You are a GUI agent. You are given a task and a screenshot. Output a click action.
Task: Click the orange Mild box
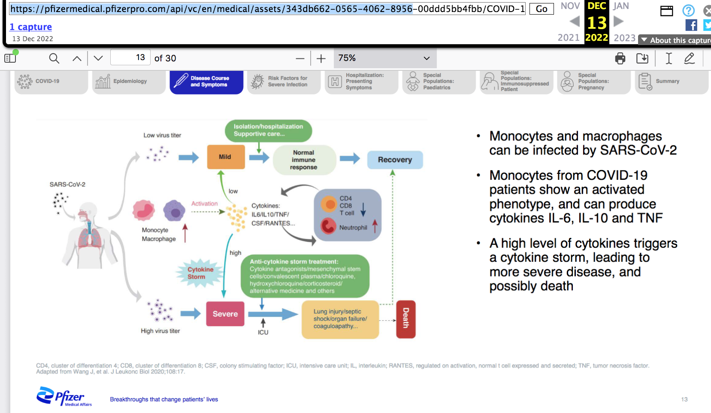click(226, 157)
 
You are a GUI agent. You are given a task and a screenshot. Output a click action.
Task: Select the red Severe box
click(225, 314)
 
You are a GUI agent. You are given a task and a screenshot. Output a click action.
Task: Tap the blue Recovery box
click(395, 160)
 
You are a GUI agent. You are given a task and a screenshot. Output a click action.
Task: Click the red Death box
click(405, 319)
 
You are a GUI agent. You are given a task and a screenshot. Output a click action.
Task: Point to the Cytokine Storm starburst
click(200, 273)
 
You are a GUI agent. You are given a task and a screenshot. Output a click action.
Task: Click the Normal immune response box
click(304, 160)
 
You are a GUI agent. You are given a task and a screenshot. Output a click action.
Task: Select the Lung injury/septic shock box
click(340, 319)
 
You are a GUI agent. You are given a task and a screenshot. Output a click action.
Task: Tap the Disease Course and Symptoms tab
click(206, 82)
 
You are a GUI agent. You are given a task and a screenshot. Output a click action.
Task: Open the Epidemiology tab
click(129, 82)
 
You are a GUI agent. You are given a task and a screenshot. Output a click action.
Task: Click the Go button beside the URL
click(542, 9)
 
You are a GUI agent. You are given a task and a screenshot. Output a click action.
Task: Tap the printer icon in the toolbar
click(620, 58)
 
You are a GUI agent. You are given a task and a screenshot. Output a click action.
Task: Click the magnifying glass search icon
click(54, 58)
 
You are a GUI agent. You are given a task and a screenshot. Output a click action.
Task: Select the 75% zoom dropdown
click(384, 58)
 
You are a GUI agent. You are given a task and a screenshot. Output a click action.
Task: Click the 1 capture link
click(31, 27)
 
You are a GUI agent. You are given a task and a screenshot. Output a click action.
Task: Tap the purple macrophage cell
click(174, 211)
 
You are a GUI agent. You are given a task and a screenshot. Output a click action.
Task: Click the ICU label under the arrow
click(263, 332)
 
